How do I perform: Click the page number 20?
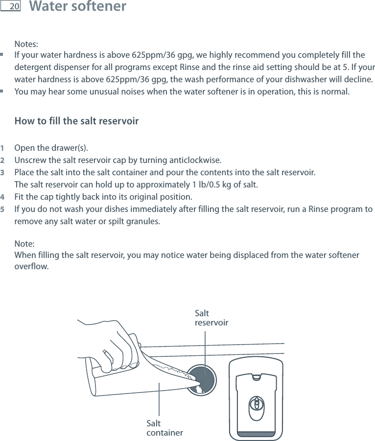pyautogui.click(x=14, y=7)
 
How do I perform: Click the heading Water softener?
pyautogui.click(x=77, y=7)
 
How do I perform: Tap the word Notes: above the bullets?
pyautogui.click(x=26, y=44)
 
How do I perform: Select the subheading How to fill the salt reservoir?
pyautogui.click(x=77, y=121)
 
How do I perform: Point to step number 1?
pyautogui.click(x=3, y=148)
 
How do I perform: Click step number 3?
pyautogui.click(x=3, y=173)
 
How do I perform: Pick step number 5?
pyautogui.click(x=3, y=209)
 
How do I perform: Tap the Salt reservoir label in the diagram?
pyautogui.click(x=211, y=318)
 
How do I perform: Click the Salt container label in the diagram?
pyautogui.click(x=164, y=428)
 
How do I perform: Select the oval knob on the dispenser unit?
pyautogui.click(x=257, y=406)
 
